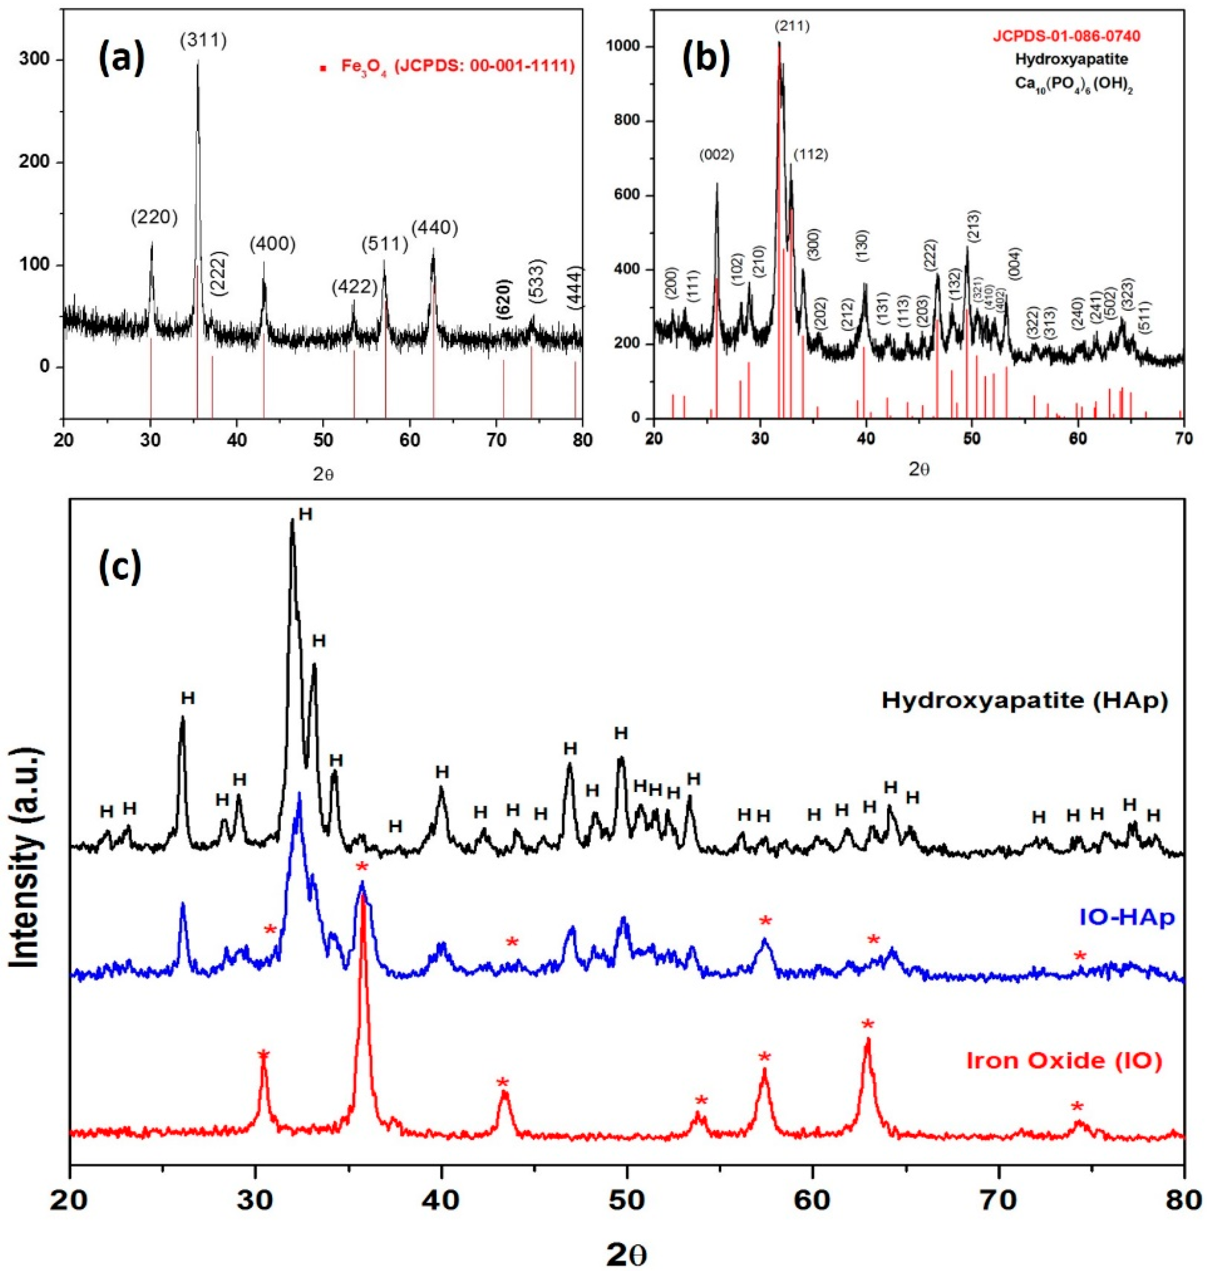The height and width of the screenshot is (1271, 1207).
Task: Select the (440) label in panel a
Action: point(435,227)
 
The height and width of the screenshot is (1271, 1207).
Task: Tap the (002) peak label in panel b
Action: point(716,155)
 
